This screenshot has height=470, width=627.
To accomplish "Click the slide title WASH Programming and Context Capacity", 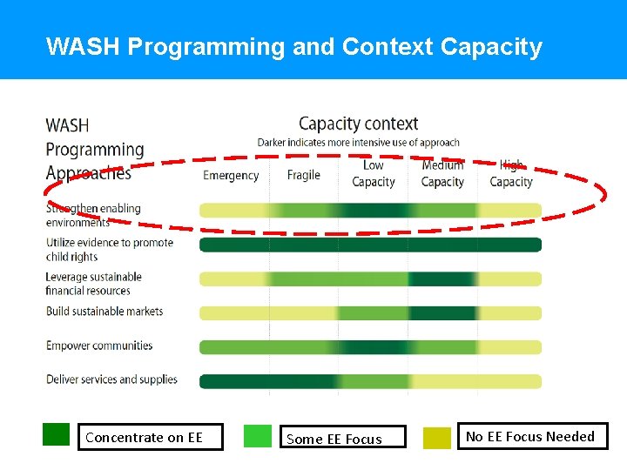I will click(293, 46).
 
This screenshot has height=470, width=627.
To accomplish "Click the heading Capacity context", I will click(358, 124).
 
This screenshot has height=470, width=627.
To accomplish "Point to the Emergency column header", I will click(231, 175).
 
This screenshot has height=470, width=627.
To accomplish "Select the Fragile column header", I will click(304, 175).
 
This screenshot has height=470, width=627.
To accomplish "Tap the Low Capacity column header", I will click(374, 173).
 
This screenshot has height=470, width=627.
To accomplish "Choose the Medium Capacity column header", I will click(442, 173).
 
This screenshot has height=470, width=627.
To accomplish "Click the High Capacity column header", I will click(511, 173).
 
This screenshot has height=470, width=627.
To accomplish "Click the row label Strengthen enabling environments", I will click(93, 215).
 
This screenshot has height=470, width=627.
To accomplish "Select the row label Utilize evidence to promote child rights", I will click(110, 249).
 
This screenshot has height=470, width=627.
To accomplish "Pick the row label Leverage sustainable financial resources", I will click(93, 284).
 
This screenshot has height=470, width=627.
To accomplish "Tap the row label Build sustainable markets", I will click(104, 311).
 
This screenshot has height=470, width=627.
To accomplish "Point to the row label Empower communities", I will click(99, 346).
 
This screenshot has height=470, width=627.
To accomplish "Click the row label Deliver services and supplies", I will click(111, 379).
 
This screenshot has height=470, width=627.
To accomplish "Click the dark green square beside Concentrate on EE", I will click(56, 433).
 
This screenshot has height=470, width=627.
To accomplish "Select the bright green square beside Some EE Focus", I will click(258, 436).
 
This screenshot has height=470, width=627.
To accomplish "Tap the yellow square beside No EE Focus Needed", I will click(437, 438).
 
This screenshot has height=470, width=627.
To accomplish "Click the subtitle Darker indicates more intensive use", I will click(358, 142).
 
